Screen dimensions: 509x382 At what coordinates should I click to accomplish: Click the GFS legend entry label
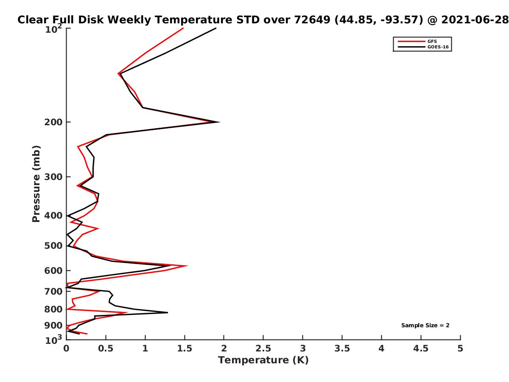pyautogui.click(x=432, y=41)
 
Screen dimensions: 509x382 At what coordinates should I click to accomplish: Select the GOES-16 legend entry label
pyautogui.click(x=438, y=47)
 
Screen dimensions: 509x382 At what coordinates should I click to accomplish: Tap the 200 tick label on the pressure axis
pyautogui.click(x=53, y=122)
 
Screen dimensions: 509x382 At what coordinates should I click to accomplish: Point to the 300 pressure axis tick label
pyautogui.click(x=53, y=177)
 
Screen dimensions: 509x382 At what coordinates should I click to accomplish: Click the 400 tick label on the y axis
pyautogui.click(x=53, y=216)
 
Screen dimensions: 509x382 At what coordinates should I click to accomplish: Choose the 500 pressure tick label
pyautogui.click(x=53, y=246)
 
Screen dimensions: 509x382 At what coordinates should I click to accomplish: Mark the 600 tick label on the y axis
pyautogui.click(x=53, y=270)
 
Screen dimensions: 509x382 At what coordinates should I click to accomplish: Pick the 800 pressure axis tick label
pyautogui.click(x=53, y=309)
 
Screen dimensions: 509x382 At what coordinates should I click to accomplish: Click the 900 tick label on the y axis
pyautogui.click(x=53, y=326)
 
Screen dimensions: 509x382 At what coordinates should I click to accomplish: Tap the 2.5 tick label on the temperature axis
pyautogui.click(x=263, y=348)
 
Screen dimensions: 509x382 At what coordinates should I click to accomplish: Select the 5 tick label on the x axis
pyautogui.click(x=460, y=348)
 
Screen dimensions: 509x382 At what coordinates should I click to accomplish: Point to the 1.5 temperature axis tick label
pyautogui.click(x=185, y=348)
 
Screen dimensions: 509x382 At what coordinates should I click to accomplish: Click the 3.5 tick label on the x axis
pyautogui.click(x=342, y=348)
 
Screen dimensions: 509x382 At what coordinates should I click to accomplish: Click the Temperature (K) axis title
pyautogui.click(x=263, y=360)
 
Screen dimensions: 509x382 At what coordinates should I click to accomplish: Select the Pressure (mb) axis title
pyautogui.click(x=36, y=184)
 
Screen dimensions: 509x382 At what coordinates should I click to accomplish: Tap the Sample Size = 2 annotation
pyautogui.click(x=425, y=325)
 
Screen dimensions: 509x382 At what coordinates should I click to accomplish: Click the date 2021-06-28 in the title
pyautogui.click(x=475, y=20)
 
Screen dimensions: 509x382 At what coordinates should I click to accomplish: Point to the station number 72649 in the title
pyautogui.click(x=312, y=20)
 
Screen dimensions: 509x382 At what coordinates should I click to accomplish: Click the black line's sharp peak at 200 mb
pyautogui.click(x=219, y=122)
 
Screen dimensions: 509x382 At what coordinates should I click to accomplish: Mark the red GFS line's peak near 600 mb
pyautogui.click(x=187, y=266)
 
